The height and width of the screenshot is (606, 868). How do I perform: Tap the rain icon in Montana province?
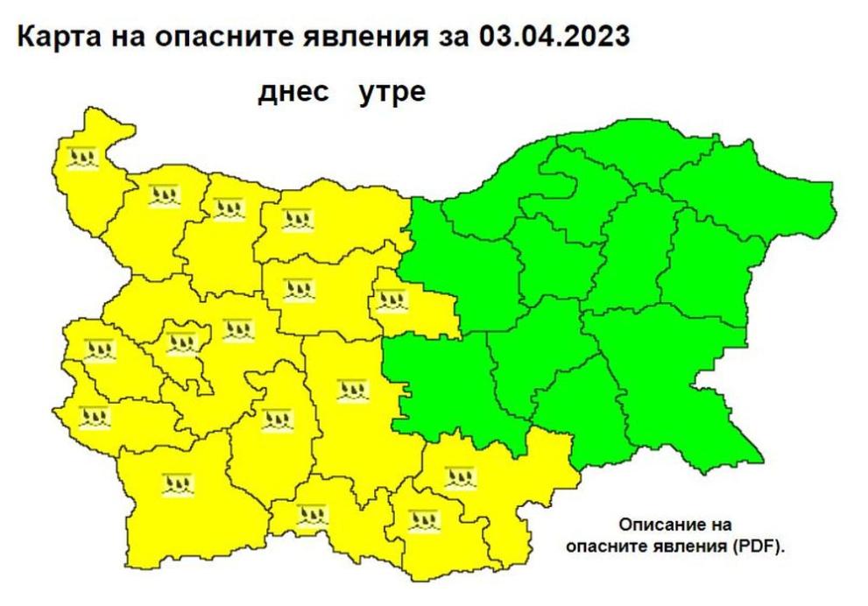[x=162, y=196]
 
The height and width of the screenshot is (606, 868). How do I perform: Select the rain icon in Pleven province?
[x=298, y=219]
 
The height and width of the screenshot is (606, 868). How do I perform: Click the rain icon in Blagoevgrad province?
[x=175, y=481]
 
